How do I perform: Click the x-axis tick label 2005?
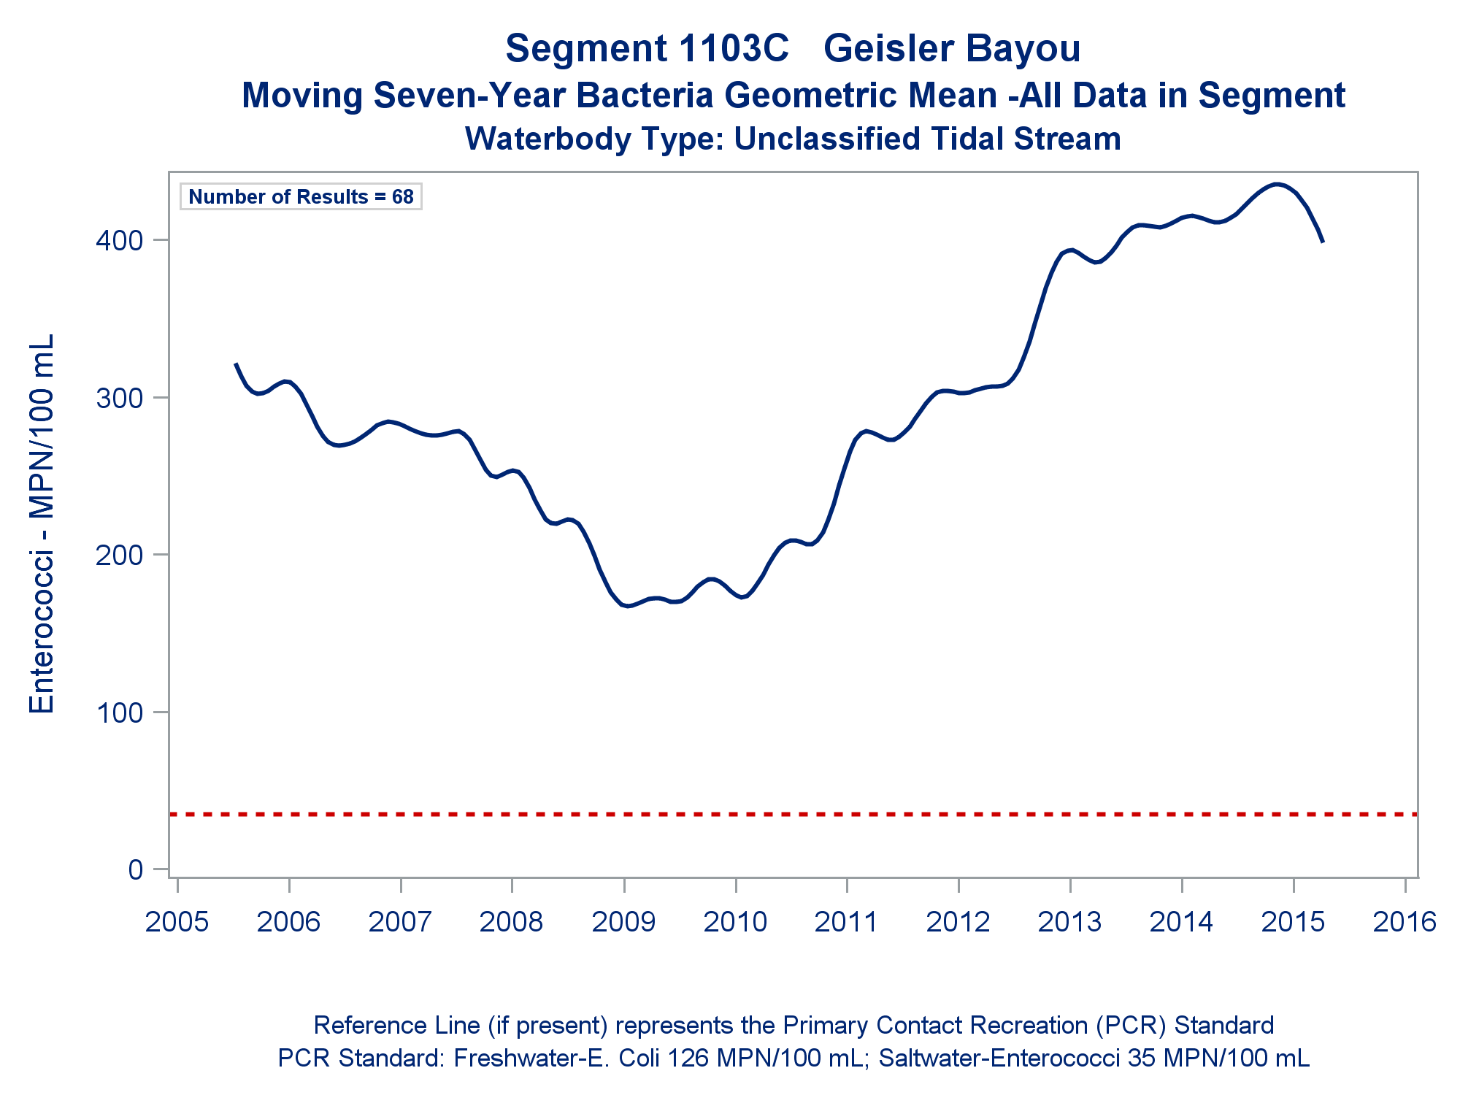177,922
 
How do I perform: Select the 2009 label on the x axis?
623,922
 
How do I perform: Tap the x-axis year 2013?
1069,922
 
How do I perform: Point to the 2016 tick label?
1405,922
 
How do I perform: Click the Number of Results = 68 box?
301,197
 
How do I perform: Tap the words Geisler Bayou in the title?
952,49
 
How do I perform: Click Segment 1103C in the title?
647,49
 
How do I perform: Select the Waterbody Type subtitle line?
793,139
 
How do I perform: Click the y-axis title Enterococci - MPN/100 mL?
42,524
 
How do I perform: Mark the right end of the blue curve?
1323,241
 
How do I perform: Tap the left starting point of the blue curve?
235,364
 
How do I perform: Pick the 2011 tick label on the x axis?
846,922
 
